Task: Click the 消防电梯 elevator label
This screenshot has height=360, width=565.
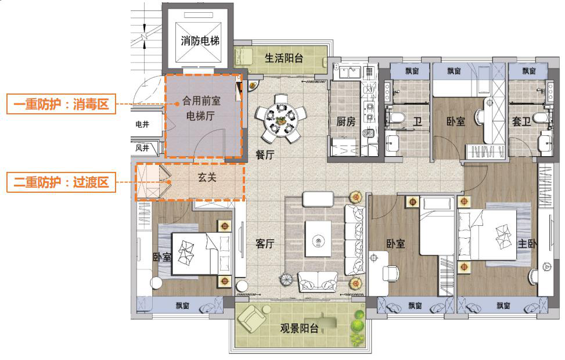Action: click(x=200, y=41)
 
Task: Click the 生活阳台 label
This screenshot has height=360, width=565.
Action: click(x=284, y=58)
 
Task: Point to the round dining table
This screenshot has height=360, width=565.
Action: click(x=280, y=121)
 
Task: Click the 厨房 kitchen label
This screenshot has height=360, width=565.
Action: click(x=346, y=122)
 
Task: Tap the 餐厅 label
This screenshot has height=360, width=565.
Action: click(x=265, y=154)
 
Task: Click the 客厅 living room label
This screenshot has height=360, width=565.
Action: click(x=265, y=244)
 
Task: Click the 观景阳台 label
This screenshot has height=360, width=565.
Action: click(x=299, y=329)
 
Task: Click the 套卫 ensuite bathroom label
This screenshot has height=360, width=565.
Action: click(x=522, y=122)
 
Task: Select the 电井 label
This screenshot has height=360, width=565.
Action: click(x=142, y=124)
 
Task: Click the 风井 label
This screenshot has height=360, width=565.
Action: click(x=142, y=148)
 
